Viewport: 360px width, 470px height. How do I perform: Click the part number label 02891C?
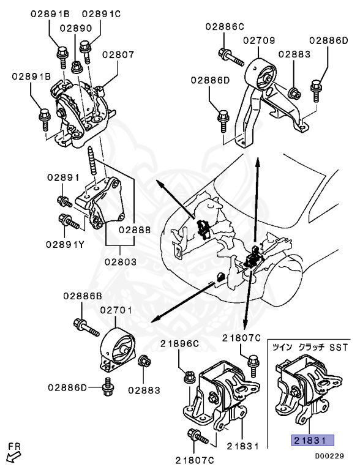[x=101, y=14]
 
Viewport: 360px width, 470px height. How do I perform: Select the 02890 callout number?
[x=76, y=28]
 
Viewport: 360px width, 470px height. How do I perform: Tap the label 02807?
[x=118, y=54]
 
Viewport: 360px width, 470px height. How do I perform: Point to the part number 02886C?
[x=225, y=27]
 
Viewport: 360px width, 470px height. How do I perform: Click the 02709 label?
[x=259, y=40]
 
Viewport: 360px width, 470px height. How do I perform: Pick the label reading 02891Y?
[x=65, y=245]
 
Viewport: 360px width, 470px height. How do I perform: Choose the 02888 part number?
[x=135, y=230]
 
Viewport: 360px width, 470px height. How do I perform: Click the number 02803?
[x=121, y=262]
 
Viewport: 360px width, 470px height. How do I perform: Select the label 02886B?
[x=83, y=296]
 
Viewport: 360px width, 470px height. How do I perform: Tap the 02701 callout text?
[x=116, y=310]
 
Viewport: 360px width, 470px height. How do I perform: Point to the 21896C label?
[x=179, y=343]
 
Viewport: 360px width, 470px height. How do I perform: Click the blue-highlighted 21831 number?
[x=313, y=441]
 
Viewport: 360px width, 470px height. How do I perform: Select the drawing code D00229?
[x=329, y=456]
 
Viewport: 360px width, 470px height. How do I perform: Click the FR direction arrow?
[x=14, y=457]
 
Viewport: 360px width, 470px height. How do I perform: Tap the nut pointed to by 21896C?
[x=190, y=376]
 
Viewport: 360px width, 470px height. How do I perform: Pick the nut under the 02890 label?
[x=77, y=67]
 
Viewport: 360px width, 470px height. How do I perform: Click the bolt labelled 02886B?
[x=86, y=327]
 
